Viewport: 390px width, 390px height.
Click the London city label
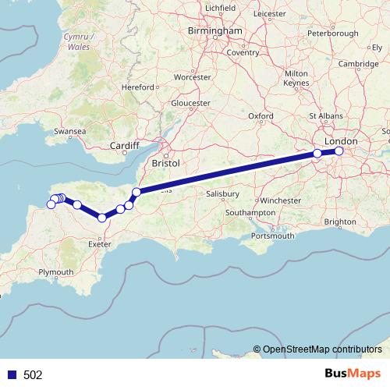click(x=346, y=141)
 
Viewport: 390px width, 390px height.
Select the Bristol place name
click(x=167, y=164)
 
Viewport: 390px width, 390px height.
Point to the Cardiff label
click(x=124, y=146)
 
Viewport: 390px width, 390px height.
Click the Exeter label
click(x=101, y=244)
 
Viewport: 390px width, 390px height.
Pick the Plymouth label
click(x=55, y=272)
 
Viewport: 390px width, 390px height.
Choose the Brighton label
click(x=340, y=222)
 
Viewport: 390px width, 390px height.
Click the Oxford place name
click(x=261, y=116)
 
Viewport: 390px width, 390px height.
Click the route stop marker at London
click(x=339, y=151)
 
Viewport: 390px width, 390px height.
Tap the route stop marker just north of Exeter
click(x=102, y=218)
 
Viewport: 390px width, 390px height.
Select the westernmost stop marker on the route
click(x=51, y=204)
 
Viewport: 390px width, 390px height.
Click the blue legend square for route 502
click(x=9, y=374)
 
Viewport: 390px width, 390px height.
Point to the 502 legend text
click(x=33, y=374)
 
